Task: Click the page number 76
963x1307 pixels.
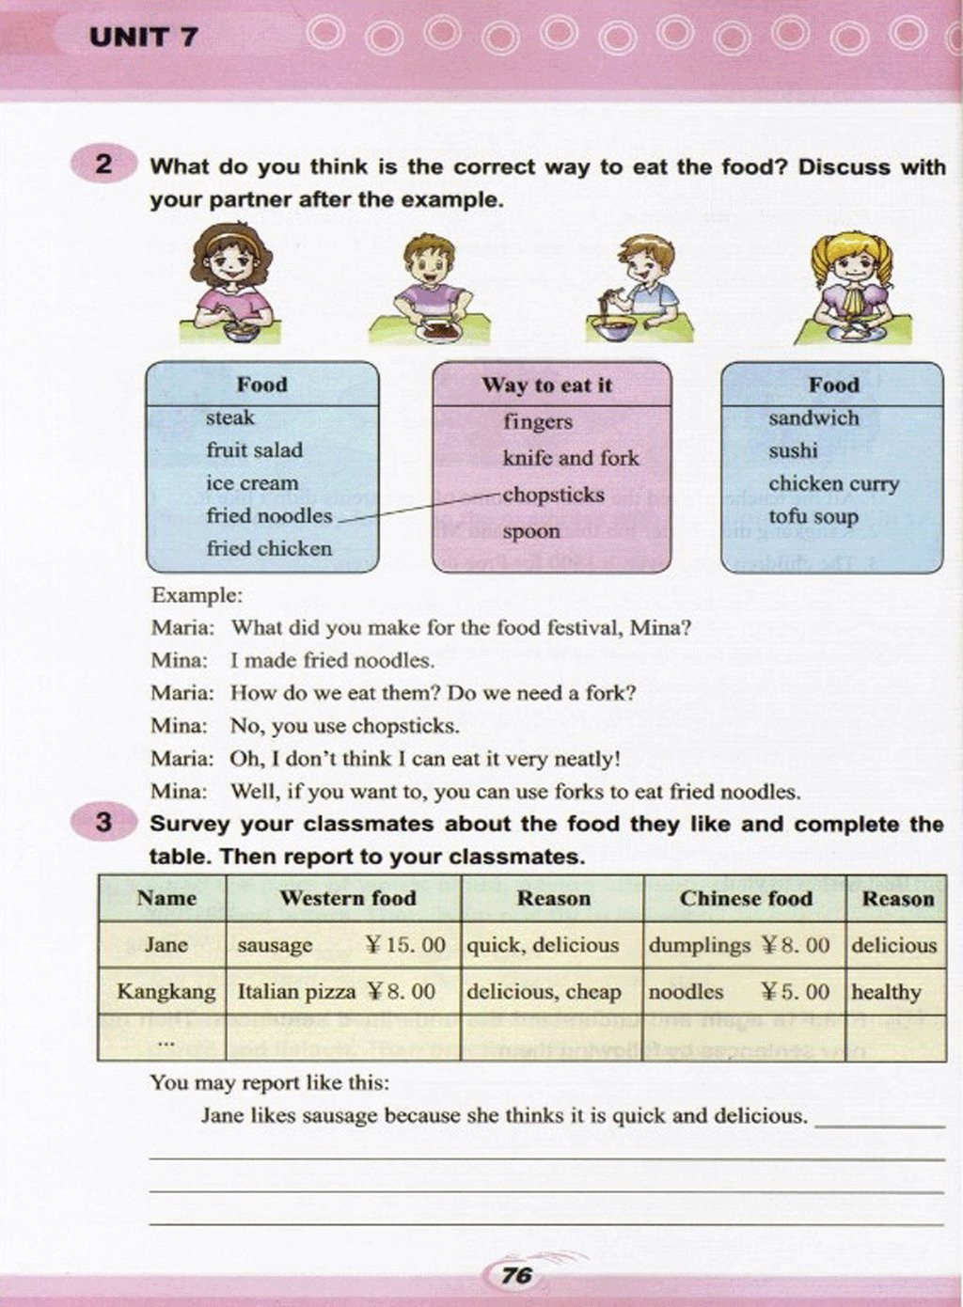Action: [517, 1275]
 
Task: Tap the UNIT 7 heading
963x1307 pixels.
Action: [144, 38]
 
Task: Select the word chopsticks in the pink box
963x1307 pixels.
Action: [553, 495]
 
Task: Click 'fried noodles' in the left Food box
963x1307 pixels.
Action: [269, 515]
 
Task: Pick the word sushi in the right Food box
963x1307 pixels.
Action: [793, 450]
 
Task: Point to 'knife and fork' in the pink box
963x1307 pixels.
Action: [570, 458]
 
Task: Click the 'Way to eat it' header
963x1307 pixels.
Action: [546, 385]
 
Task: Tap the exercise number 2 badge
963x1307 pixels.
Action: [103, 165]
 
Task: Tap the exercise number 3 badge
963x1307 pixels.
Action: [103, 823]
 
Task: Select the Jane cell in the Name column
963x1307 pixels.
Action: [166, 944]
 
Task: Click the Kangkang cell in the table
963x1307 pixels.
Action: [166, 991]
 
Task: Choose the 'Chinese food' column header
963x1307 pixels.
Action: [746, 898]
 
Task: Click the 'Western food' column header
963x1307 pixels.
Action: [347, 898]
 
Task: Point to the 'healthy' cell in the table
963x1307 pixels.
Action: [886, 991]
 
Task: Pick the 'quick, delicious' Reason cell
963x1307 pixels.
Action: [543, 944]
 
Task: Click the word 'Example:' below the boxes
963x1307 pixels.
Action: [197, 595]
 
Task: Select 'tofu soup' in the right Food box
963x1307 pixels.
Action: [813, 516]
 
